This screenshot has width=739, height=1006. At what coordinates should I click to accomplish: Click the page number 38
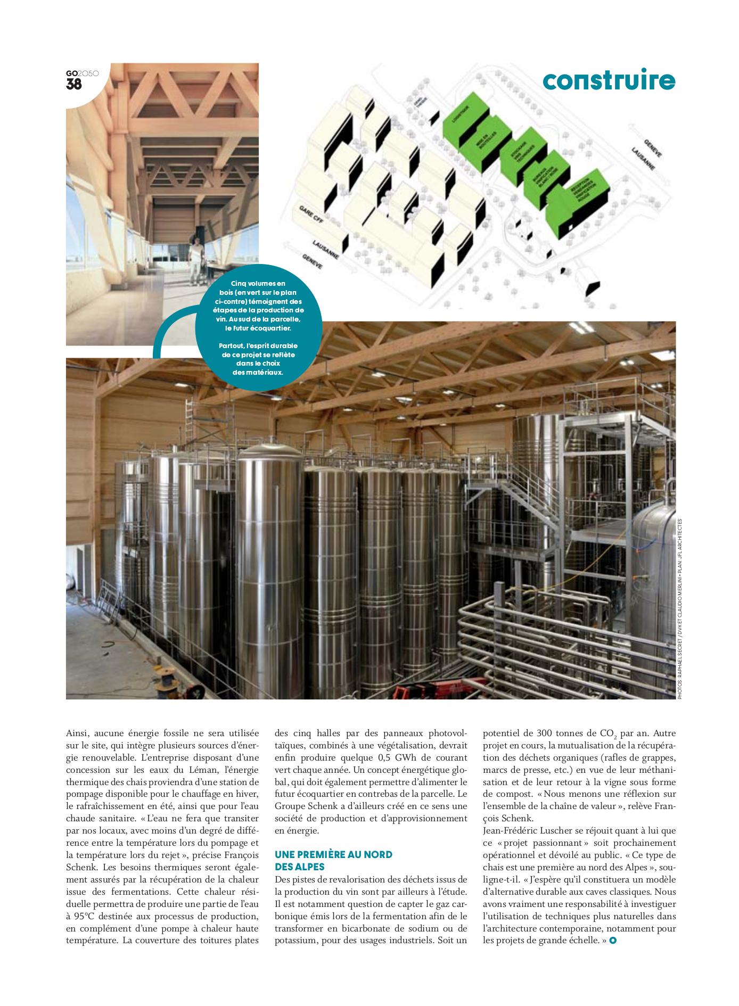pyautogui.click(x=74, y=84)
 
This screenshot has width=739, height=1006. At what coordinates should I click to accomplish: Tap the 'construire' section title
pyautogui.click(x=609, y=81)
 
